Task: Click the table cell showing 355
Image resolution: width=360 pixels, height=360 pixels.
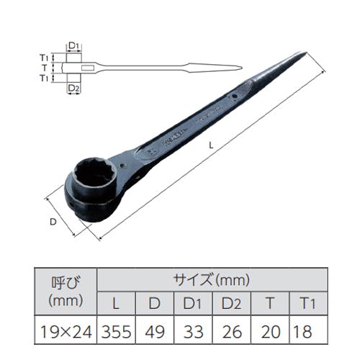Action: (117, 330)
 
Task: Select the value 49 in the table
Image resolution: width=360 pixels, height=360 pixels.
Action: (155, 330)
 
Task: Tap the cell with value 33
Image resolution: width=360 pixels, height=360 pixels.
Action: (193, 330)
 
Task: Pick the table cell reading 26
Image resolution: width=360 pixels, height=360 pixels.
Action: (232, 330)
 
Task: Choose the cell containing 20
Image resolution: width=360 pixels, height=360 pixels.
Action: (270, 330)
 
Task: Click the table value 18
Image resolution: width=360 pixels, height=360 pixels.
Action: (308, 330)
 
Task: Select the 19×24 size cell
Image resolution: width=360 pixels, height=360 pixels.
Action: (66, 330)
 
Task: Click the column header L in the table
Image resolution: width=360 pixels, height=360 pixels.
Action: (117, 303)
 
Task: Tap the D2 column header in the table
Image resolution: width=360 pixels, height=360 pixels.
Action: (232, 303)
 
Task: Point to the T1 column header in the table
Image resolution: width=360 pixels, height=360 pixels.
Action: (308, 303)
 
